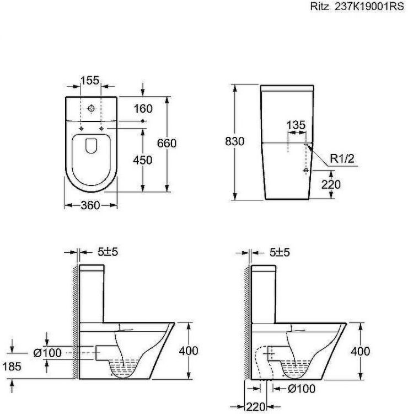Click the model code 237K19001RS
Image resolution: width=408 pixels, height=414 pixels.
coord(369,6)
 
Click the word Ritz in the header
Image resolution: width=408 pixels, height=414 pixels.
coord(319,6)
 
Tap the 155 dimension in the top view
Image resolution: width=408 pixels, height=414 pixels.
coord(90,80)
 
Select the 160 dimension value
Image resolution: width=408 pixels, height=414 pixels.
coord(143,109)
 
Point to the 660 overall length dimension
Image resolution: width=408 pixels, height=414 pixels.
coord(167,143)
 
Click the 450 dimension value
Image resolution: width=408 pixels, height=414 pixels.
coord(143,160)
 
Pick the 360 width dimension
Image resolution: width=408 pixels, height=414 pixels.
coord(90,205)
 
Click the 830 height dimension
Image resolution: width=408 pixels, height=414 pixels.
coord(235,141)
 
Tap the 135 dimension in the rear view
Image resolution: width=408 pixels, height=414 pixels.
coord(296,125)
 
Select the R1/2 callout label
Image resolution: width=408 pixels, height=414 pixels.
coord(342,158)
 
